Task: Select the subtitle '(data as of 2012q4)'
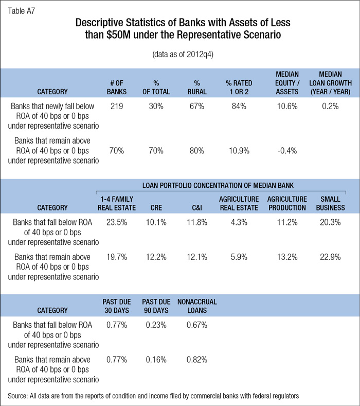click(x=180, y=54)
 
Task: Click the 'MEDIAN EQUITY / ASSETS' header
click(x=287, y=83)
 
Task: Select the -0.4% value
click(x=287, y=151)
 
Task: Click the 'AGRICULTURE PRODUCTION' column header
click(x=287, y=203)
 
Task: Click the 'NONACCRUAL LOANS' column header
click(x=196, y=306)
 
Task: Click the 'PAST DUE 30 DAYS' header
click(x=116, y=306)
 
